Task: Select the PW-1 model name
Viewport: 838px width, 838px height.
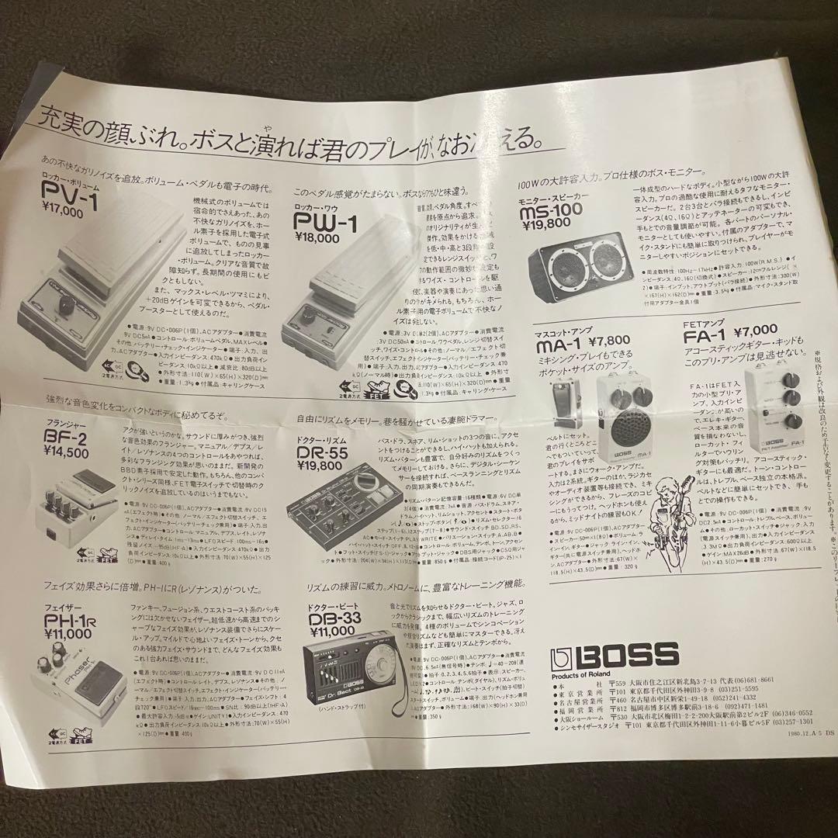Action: (325, 224)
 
